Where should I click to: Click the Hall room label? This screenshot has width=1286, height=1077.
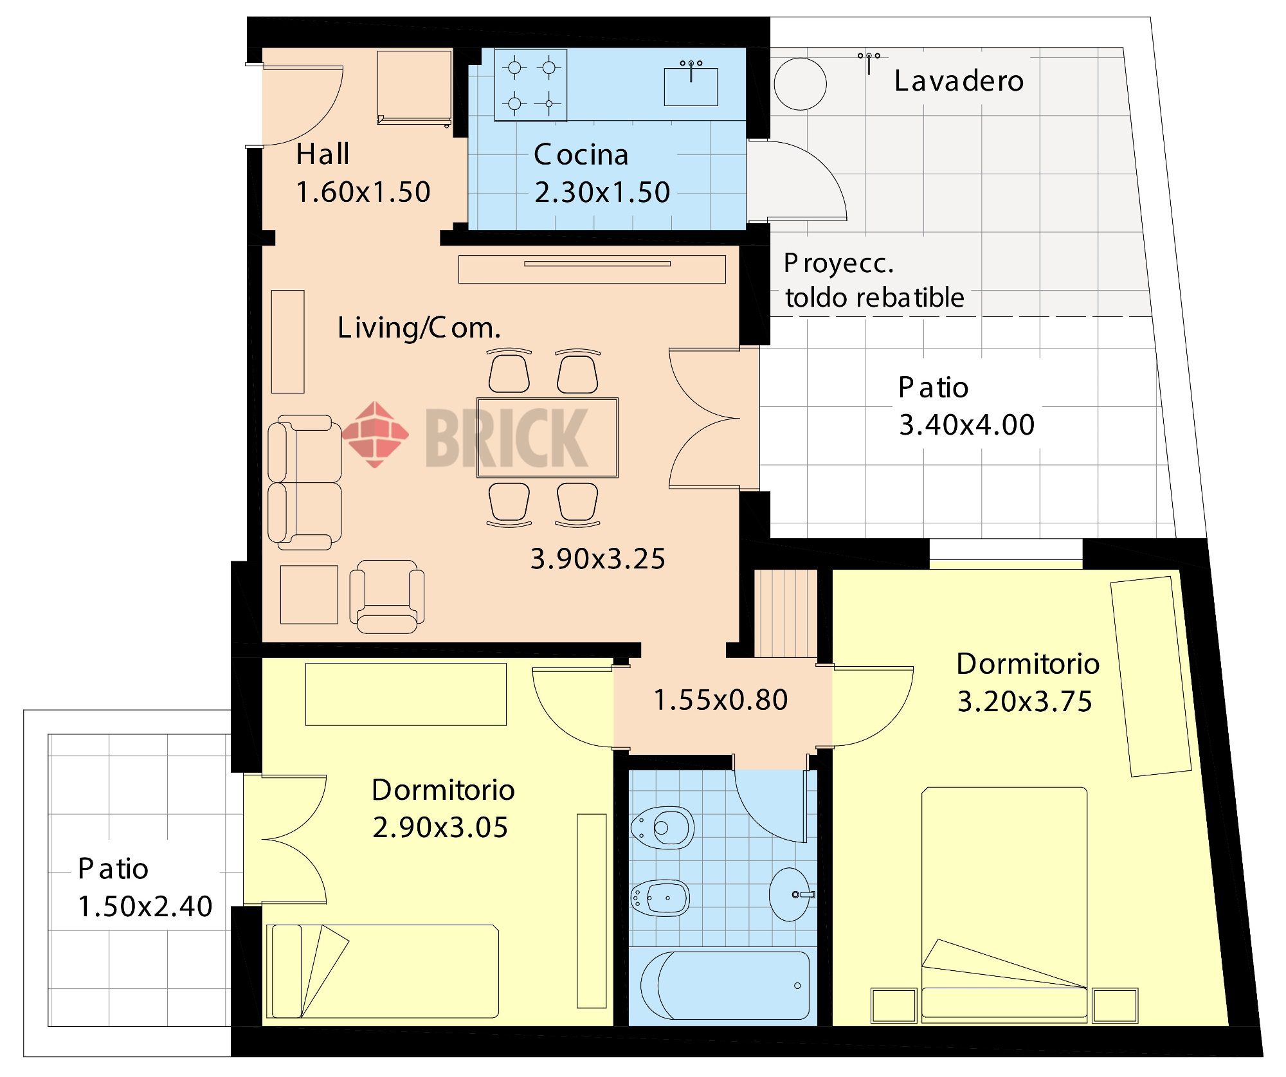pyautogui.click(x=323, y=154)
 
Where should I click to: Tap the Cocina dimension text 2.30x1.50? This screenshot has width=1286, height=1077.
pyautogui.click(x=602, y=192)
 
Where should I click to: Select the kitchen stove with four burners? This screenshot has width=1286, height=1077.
pyautogui.click(x=530, y=86)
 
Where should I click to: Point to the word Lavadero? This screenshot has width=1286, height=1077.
pyautogui.click(x=959, y=81)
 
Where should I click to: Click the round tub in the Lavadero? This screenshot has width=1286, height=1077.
pyautogui.click(x=800, y=84)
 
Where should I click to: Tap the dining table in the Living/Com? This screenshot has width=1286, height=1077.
pyautogui.click(x=547, y=438)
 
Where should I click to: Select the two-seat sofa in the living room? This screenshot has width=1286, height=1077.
pyautogui.click(x=304, y=482)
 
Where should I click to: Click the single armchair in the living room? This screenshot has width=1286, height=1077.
pyautogui.click(x=386, y=597)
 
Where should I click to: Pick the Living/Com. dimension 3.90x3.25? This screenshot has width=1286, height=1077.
pyautogui.click(x=597, y=559)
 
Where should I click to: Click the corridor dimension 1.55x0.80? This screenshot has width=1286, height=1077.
pyautogui.click(x=720, y=700)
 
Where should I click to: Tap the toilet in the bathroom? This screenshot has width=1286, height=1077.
pyautogui.click(x=662, y=828)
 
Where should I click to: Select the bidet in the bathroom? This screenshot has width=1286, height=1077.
pyautogui.click(x=660, y=898)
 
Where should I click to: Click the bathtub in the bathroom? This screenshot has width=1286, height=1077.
pyautogui.click(x=725, y=986)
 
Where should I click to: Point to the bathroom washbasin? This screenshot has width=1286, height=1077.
pyautogui.click(x=790, y=894)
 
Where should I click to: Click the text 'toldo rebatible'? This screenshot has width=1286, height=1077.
pyautogui.click(x=874, y=298)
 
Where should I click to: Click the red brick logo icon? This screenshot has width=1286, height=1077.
pyautogui.click(x=375, y=434)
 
